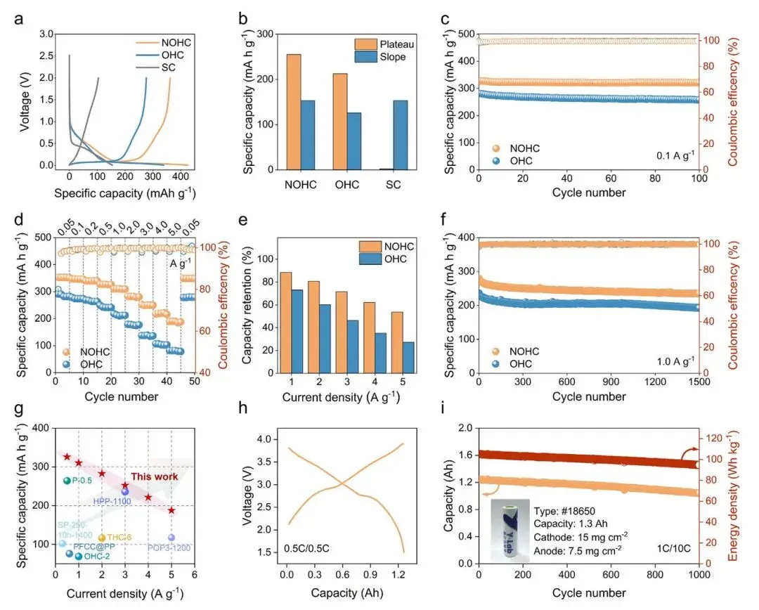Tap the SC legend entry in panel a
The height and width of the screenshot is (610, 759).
168,67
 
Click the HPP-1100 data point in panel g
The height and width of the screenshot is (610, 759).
125,491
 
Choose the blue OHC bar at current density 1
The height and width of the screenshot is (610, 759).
298,331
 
